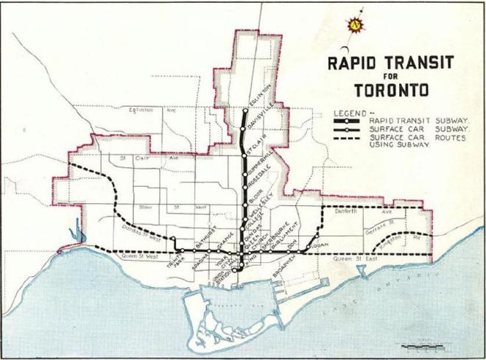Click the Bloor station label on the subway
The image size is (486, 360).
click(x=256, y=200)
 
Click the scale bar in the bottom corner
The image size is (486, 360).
click(x=423, y=345)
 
